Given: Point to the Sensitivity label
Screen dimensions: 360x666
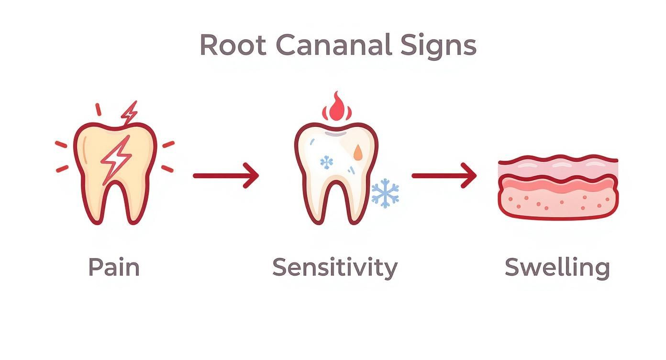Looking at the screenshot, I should tap(334, 268).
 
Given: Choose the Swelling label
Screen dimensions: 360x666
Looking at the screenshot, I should tap(557, 268).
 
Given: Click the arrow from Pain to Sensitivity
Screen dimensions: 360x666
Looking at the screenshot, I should tap(226, 176).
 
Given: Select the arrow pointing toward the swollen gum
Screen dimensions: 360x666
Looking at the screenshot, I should tap(444, 176).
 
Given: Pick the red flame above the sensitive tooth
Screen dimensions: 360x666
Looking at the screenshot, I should tap(337, 108).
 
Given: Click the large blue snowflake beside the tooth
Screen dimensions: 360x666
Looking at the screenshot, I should tap(385, 193).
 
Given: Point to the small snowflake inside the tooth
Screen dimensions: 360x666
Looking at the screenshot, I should tap(327, 162).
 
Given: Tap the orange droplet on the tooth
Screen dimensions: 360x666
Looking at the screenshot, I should tap(358, 152).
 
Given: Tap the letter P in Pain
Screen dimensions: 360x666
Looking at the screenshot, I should tap(95, 267).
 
